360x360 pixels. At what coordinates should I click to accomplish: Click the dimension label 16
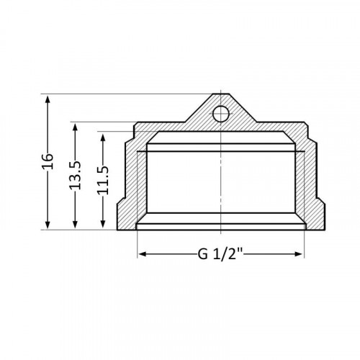click(x=48, y=161)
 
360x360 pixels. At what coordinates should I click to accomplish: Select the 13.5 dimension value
click(x=75, y=175)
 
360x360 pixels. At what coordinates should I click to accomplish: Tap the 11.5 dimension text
click(x=103, y=180)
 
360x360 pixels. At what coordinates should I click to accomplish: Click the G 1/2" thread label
click(x=220, y=254)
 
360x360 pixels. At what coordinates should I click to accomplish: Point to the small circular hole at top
click(x=221, y=114)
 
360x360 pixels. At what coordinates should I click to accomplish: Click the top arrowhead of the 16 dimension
click(x=48, y=99)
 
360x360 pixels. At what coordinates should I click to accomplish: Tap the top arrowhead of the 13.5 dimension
click(x=75, y=127)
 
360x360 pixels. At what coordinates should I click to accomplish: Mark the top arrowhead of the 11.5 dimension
click(x=103, y=138)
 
